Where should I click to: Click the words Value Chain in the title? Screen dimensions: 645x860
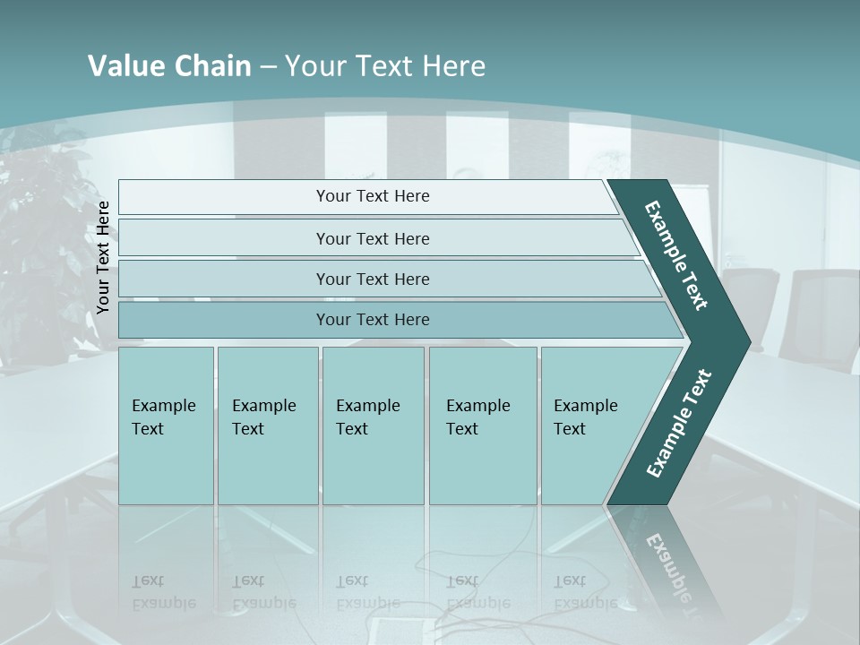click(x=169, y=66)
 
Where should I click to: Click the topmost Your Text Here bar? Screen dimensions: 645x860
click(x=372, y=196)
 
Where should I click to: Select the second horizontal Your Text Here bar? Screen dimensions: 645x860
click(x=372, y=238)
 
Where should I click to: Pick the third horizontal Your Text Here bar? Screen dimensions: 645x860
click(x=372, y=279)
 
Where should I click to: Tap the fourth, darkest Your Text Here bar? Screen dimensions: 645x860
click(x=372, y=320)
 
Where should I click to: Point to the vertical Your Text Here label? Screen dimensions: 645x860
click(x=103, y=258)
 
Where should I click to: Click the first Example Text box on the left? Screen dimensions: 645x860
click(x=166, y=426)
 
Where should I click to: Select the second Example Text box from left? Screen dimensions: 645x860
click(x=267, y=426)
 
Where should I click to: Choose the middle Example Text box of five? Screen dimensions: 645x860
click(x=373, y=426)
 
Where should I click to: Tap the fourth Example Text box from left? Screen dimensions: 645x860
click(x=483, y=426)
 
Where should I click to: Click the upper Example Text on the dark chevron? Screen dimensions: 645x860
click(x=676, y=255)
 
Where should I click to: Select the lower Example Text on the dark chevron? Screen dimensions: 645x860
click(x=679, y=423)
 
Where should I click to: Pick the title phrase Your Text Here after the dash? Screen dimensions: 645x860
click(x=384, y=66)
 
